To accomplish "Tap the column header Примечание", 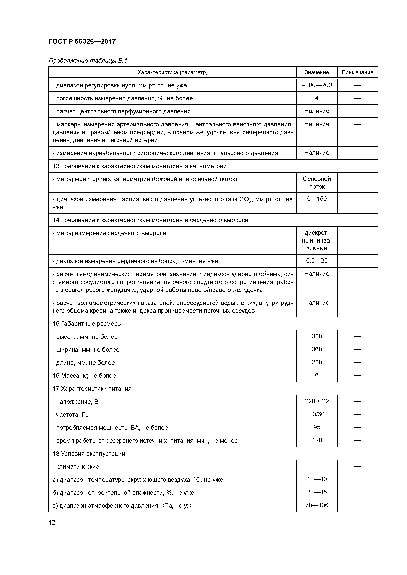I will coord(357,72).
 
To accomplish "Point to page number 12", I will coord(52,522).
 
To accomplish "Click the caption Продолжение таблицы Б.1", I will coord(88,61).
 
